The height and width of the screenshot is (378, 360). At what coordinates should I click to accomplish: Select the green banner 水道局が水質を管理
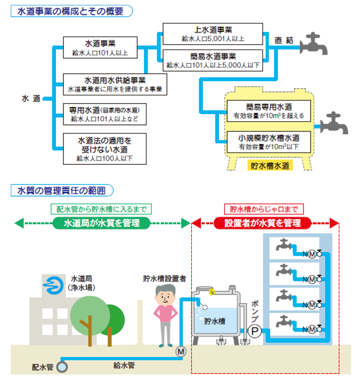[x=102, y=223]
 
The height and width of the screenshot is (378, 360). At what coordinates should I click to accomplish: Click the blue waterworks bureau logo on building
[x=51, y=285]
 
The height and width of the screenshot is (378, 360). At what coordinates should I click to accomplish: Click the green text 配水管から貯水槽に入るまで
[x=101, y=209]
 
